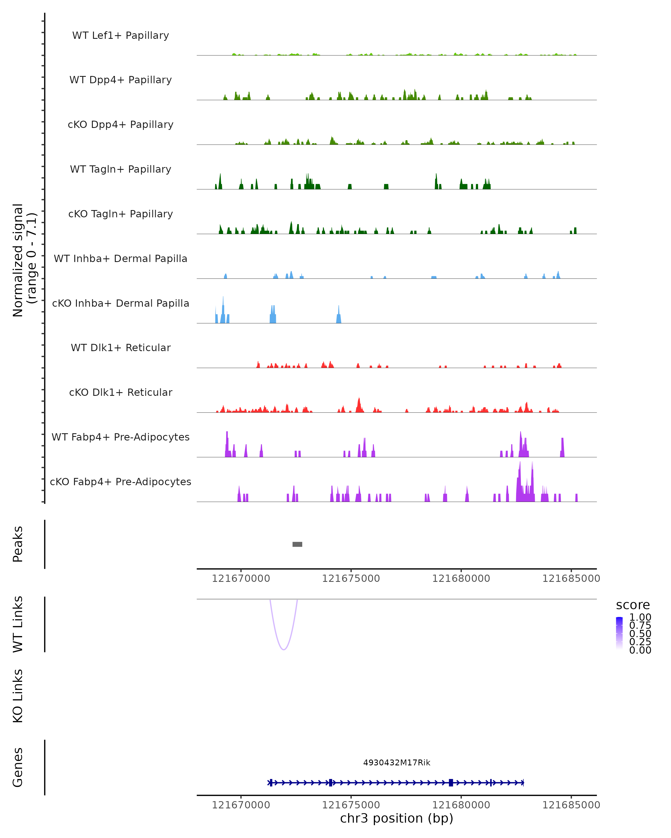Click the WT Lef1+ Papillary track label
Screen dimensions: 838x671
click(121, 35)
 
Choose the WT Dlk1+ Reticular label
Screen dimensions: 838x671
click(121, 347)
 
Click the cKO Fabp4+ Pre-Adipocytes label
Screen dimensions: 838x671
click(121, 482)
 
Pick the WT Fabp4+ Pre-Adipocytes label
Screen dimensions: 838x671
click(121, 437)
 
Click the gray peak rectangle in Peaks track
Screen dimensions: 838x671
click(297, 544)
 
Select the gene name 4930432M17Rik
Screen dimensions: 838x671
click(397, 763)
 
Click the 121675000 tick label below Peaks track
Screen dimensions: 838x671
click(351, 578)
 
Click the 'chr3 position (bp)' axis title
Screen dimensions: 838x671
click(396, 818)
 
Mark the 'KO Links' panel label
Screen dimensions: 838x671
click(18, 696)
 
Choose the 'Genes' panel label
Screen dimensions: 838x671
click(18, 767)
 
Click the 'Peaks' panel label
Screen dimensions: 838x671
click(18, 544)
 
